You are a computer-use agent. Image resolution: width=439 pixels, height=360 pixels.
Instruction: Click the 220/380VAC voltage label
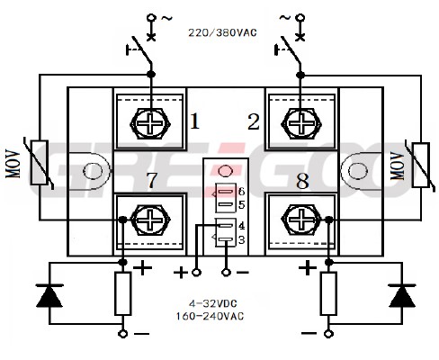pos(222,32)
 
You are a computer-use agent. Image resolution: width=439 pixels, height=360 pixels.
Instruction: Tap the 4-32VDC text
pos(213,303)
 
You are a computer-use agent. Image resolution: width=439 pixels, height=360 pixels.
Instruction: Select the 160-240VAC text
pos(210,316)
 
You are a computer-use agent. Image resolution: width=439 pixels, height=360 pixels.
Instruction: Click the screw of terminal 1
pos(150,123)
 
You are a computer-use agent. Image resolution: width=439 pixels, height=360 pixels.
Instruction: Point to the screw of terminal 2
pos(301,123)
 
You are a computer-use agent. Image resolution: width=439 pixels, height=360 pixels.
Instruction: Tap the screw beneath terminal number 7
pos(150,220)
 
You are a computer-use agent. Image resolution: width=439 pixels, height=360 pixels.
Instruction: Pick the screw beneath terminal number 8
pos(301,220)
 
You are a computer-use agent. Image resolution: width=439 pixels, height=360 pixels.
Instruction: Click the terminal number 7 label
pos(152,180)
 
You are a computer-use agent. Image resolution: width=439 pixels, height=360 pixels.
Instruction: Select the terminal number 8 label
pos(302,181)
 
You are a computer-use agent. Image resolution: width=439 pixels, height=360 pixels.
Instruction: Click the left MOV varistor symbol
pos(40,163)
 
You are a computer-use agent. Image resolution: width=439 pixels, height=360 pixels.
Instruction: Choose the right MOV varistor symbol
pos(420,165)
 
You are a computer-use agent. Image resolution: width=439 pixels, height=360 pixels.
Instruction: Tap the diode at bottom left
pos(49,295)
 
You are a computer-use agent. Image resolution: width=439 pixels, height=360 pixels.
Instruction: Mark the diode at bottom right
pos(402,295)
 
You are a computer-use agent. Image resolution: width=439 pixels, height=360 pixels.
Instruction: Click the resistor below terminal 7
pos(123,293)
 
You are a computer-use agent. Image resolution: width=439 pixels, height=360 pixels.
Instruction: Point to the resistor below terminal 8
pos(328,293)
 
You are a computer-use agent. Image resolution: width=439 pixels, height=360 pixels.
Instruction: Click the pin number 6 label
pos(241,192)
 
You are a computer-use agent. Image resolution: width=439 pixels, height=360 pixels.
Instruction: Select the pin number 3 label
pos(241,239)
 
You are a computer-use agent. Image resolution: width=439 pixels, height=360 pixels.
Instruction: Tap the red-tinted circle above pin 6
pos(225,171)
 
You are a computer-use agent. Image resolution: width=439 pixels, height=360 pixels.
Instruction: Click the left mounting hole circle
pos(93,171)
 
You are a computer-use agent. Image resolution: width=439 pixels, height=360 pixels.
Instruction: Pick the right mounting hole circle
pos(358,171)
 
